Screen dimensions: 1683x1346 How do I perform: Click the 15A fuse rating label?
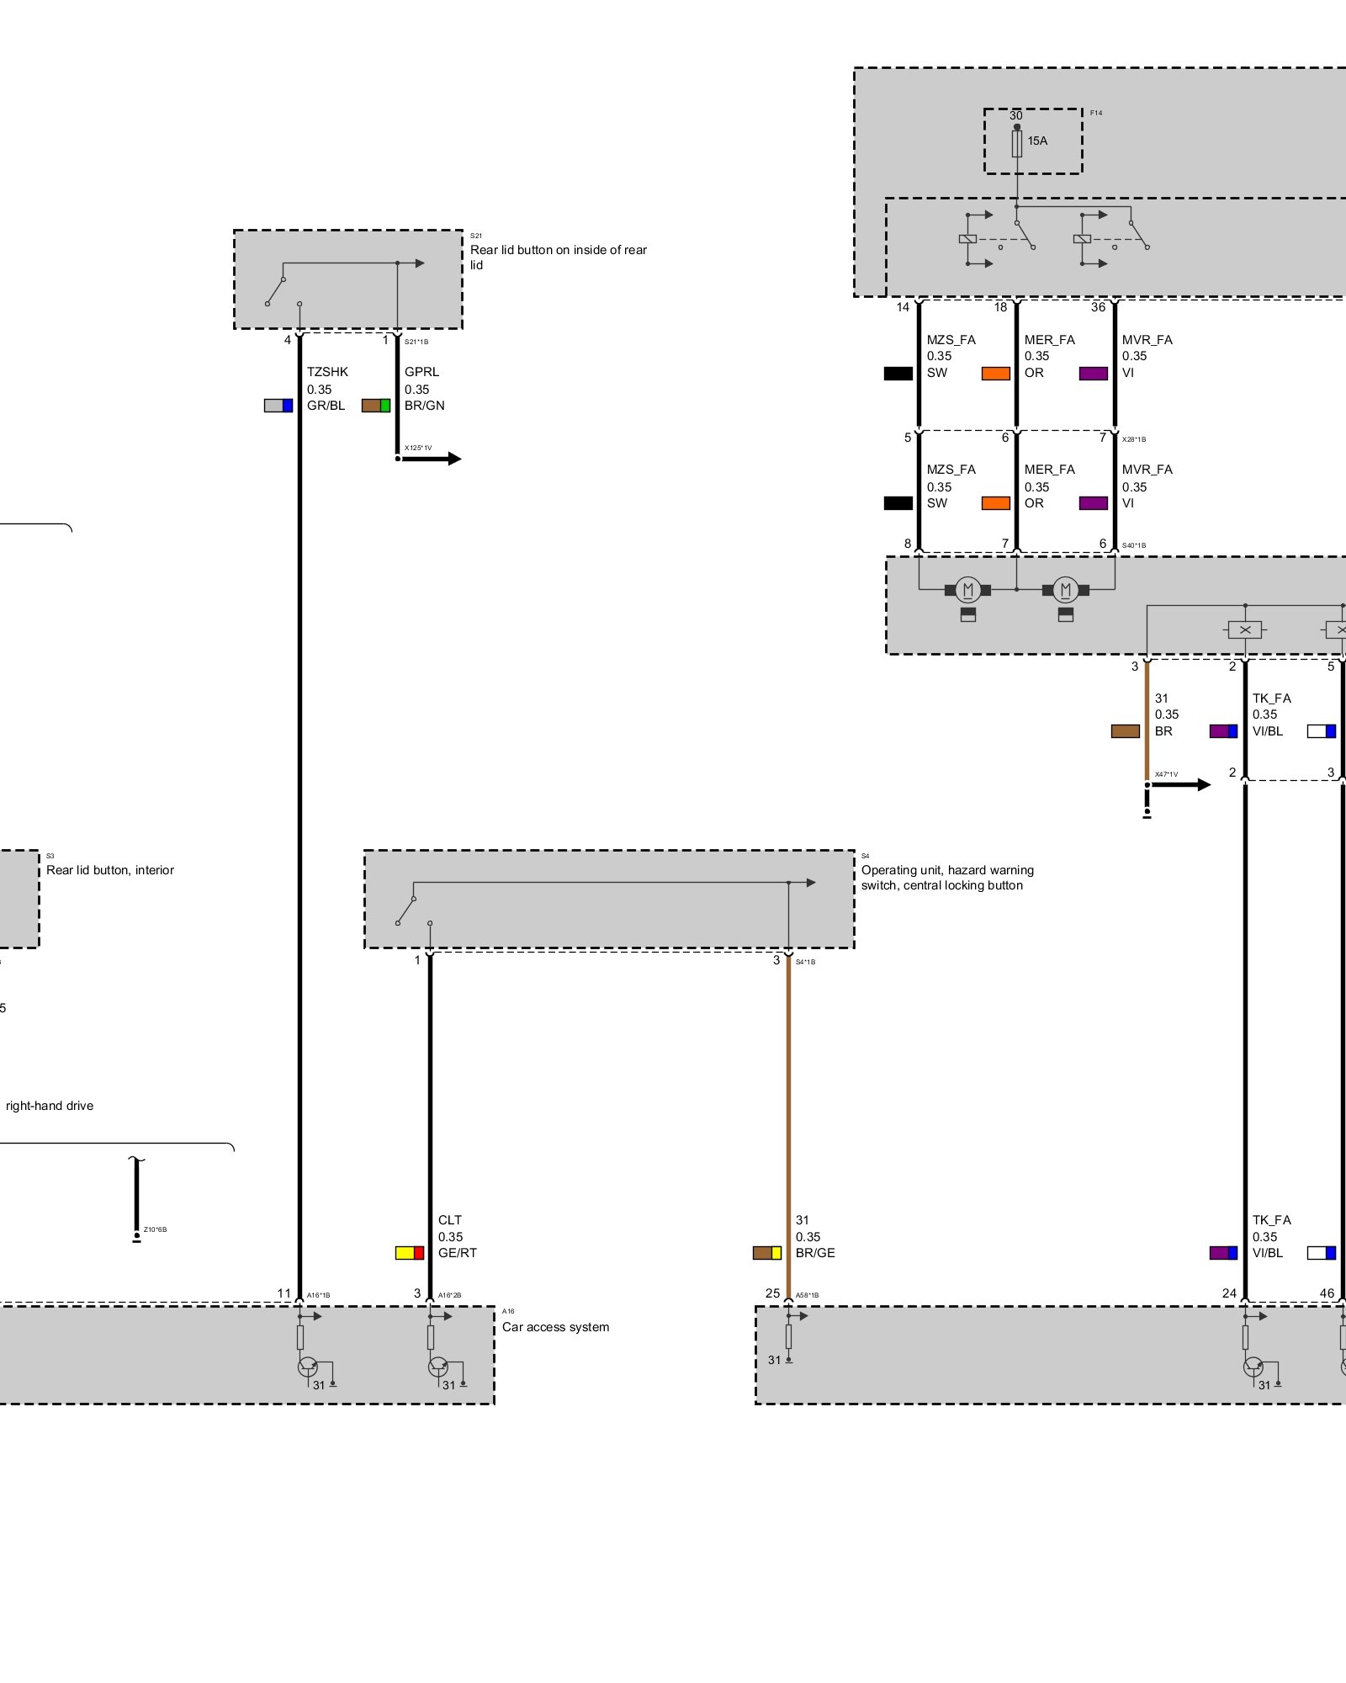(1037, 141)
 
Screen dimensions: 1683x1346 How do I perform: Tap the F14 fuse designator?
(1095, 113)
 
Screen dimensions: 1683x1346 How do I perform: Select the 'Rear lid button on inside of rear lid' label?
(558, 257)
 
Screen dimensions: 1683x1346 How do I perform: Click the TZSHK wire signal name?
(327, 372)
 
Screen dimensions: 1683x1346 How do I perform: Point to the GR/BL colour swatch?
(278, 406)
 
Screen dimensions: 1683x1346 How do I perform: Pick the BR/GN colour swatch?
(376, 406)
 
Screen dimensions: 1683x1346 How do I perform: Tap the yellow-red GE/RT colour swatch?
(410, 1253)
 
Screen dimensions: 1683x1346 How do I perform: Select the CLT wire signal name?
(450, 1220)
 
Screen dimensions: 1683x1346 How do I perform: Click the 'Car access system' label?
(555, 1327)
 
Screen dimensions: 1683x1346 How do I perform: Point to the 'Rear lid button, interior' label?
(110, 870)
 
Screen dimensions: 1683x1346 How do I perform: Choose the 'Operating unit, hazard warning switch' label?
(946, 878)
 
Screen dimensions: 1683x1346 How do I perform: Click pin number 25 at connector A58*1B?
(772, 1293)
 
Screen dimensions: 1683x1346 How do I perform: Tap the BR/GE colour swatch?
(767, 1253)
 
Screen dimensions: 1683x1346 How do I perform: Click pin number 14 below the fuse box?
(903, 307)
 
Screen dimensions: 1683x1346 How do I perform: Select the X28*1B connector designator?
(1133, 439)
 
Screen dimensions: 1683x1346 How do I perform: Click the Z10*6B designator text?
(155, 1229)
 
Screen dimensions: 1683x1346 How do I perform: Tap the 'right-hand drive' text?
(50, 1106)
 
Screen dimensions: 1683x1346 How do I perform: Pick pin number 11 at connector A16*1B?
(284, 1293)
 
